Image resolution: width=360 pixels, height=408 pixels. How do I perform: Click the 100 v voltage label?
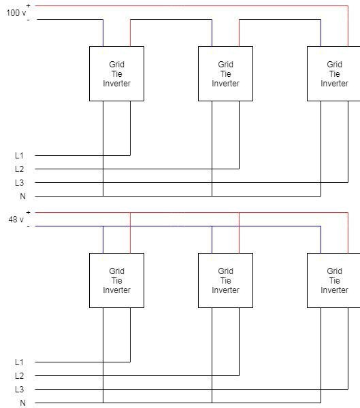click(x=16, y=12)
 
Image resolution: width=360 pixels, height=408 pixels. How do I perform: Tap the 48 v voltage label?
click(x=16, y=220)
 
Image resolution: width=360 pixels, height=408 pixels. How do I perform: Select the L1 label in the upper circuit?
click(x=19, y=156)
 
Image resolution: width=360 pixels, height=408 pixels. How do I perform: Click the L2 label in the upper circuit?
click(x=19, y=169)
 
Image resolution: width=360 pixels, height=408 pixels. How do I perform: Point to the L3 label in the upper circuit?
click(x=19, y=183)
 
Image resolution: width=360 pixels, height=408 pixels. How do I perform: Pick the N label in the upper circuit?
click(x=23, y=197)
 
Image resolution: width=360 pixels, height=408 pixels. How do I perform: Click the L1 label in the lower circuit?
click(x=19, y=362)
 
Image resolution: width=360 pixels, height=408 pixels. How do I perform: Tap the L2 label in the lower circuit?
click(x=19, y=376)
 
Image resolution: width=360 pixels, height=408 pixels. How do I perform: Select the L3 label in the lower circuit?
click(x=19, y=389)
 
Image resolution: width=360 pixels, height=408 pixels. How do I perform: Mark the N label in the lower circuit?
click(x=23, y=403)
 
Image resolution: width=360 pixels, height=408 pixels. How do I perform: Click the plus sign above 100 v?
click(x=28, y=5)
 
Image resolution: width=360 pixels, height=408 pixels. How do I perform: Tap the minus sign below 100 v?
click(x=28, y=20)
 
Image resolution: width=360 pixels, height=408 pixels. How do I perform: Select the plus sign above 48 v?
click(x=28, y=213)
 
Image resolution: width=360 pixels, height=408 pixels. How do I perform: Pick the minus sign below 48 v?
click(x=28, y=226)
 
